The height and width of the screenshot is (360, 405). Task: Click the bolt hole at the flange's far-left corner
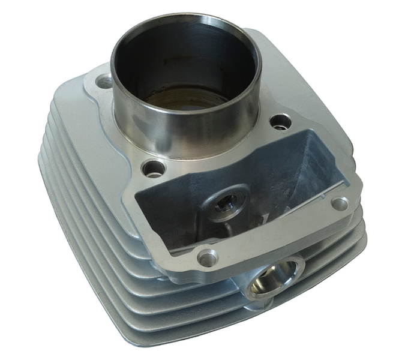click(x=103, y=80)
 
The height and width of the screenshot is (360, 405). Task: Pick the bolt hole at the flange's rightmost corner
click(x=340, y=203)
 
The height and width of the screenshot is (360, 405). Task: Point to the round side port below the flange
click(x=271, y=279)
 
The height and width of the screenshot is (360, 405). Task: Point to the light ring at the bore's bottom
click(x=180, y=99)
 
